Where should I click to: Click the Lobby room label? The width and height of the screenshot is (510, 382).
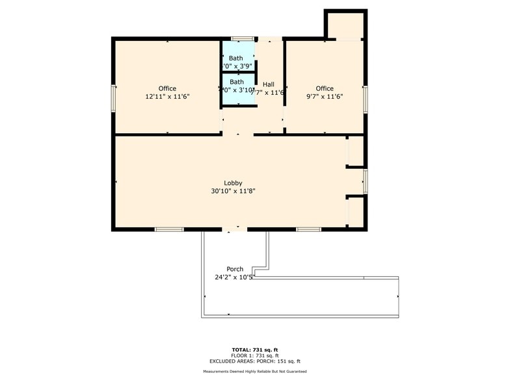coord(234,183)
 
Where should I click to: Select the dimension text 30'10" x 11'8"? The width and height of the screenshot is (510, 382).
coord(234,191)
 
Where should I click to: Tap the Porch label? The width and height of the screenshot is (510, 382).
coord(235,269)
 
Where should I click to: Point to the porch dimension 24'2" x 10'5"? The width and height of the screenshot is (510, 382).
coord(234,277)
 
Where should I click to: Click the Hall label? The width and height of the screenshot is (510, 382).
coord(269,84)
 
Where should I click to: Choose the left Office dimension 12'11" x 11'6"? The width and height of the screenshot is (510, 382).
coord(167,96)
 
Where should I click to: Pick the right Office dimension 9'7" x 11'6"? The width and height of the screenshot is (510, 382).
coord(325,96)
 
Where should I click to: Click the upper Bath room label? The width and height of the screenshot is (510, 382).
coord(235,58)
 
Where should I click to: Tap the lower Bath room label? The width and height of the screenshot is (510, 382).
coord(236,82)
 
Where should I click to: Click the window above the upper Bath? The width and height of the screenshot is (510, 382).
coord(243,38)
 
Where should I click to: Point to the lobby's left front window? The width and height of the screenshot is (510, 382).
coord(168,229)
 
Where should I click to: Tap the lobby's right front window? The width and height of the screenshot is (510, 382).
coord(309,229)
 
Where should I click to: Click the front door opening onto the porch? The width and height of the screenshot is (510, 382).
coord(234,229)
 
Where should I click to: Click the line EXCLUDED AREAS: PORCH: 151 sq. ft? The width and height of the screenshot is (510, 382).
coord(255,361)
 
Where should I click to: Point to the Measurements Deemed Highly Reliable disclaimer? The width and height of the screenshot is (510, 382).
coord(255,371)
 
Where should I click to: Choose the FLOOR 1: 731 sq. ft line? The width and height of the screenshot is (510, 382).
coord(255,355)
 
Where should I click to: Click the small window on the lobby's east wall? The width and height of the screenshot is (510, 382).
coord(366,181)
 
